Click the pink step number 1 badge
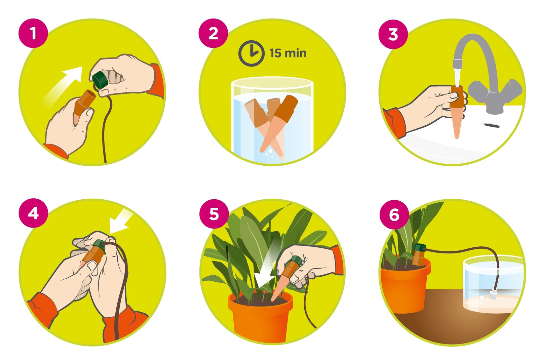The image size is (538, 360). pyautogui.click(x=33, y=33)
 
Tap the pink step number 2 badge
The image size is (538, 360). pyautogui.click(x=213, y=33)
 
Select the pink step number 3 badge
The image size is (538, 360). pyautogui.click(x=393, y=34)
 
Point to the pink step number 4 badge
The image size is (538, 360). pyautogui.click(x=33, y=213)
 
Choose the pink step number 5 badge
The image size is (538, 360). pyautogui.click(x=214, y=213)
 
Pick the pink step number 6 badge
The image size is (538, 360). pyautogui.click(x=394, y=214)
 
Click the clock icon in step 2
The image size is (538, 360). pyautogui.click(x=251, y=53)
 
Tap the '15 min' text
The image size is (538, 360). pyautogui.click(x=288, y=53)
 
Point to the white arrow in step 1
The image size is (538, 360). pyautogui.click(x=63, y=87)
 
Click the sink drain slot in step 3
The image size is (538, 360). pyautogui.click(x=492, y=125)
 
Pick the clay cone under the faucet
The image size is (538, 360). pyautogui.click(x=457, y=112)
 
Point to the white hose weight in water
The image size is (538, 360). pyautogui.click(x=493, y=294)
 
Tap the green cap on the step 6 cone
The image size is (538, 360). pyautogui.click(x=420, y=247)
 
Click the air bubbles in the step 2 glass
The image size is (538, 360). pyautogui.click(x=269, y=153)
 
